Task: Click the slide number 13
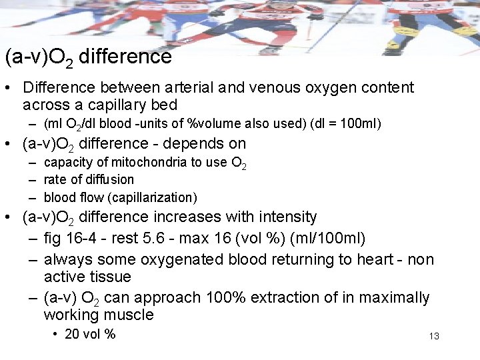[x=434, y=336]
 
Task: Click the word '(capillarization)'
[x=155, y=197]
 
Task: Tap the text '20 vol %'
[x=90, y=334]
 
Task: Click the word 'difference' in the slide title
[x=125, y=57]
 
